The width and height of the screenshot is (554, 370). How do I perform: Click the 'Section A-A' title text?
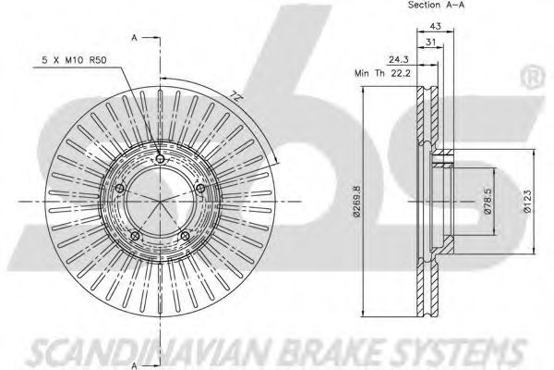(x=436, y=5)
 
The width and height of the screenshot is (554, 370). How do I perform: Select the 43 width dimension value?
(x=435, y=26)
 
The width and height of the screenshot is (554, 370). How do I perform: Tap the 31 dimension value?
(x=430, y=42)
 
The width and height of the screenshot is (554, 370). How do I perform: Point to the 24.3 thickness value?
(x=399, y=59)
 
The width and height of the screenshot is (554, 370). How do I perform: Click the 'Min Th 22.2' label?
(x=382, y=74)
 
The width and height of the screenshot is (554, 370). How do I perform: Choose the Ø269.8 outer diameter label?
(x=356, y=201)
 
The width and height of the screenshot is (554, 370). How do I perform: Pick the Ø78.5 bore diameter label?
(x=488, y=201)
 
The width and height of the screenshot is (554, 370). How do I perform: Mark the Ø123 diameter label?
(x=528, y=201)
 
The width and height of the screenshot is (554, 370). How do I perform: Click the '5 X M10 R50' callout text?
(x=74, y=60)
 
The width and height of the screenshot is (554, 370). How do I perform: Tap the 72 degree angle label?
(x=234, y=96)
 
